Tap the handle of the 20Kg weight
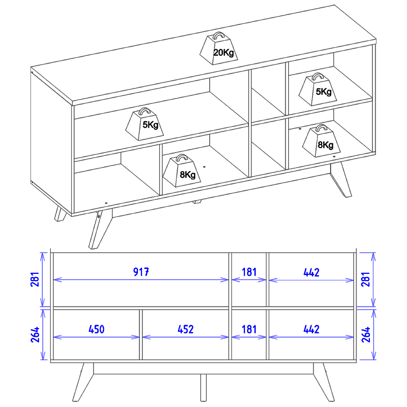[219, 35]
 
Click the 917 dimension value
[141, 272]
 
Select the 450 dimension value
[96, 329]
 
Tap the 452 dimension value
[186, 329]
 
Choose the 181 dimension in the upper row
[249, 272]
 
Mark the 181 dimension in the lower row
[249, 329]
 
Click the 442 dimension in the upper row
[311, 272]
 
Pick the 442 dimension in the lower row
[311, 329]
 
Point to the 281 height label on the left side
[35, 279]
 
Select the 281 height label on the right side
[365, 279]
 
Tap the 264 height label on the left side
[35, 335]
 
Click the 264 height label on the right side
[365, 335]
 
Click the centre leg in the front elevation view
[203, 387]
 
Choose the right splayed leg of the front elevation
[324, 382]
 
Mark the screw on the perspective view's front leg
[99, 216]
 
